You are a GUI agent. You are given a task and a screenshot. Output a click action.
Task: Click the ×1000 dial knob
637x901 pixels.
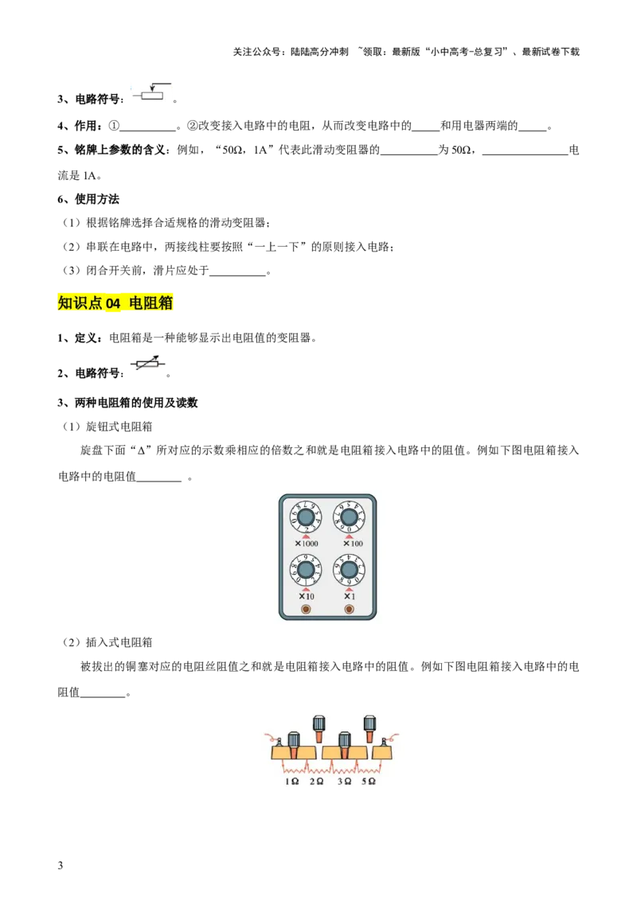(x=305, y=517)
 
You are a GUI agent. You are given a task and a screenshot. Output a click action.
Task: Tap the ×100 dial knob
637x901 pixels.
(x=349, y=517)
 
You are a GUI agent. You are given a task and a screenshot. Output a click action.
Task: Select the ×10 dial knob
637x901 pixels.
(x=305, y=570)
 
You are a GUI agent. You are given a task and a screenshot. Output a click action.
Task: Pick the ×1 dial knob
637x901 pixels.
(x=349, y=570)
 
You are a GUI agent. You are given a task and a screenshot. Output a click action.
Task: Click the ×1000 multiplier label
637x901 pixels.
(x=307, y=544)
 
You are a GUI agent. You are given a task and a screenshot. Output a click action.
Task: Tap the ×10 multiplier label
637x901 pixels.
(x=307, y=596)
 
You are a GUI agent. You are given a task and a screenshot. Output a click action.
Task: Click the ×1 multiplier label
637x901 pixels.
(x=349, y=596)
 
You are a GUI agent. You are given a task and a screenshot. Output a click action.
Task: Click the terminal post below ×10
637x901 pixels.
(x=305, y=610)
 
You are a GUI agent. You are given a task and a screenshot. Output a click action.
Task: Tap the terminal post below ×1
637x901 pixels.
(x=349, y=610)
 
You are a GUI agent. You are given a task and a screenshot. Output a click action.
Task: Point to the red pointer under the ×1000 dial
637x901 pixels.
(x=306, y=536)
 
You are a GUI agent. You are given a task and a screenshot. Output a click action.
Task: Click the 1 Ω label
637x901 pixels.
(x=292, y=782)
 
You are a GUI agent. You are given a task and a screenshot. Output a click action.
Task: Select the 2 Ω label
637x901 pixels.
(x=316, y=782)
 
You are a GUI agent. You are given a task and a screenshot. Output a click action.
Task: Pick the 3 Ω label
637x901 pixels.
(x=344, y=782)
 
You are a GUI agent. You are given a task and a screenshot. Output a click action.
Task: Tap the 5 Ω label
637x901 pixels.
(x=368, y=782)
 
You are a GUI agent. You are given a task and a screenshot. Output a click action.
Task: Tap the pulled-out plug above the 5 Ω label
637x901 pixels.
(x=369, y=727)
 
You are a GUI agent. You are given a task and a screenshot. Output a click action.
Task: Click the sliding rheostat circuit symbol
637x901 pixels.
(x=152, y=92)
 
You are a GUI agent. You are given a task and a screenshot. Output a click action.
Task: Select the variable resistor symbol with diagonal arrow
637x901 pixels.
(x=150, y=363)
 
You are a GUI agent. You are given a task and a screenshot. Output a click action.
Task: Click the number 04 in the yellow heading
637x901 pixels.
(x=113, y=303)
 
